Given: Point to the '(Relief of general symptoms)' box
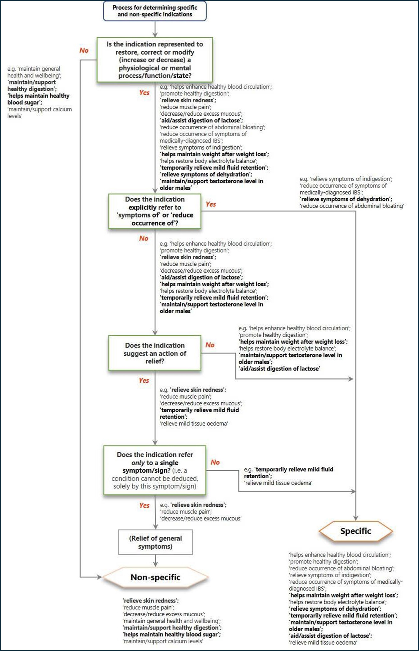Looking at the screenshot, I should click(x=155, y=542).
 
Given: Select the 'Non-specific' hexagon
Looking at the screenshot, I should click(x=155, y=577).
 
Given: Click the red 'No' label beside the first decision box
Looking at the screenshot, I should click(x=84, y=50).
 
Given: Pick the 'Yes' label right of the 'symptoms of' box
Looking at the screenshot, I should click(x=211, y=204).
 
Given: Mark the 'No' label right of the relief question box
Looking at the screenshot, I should click(x=210, y=345).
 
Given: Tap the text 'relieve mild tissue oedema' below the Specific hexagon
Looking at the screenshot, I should click(x=323, y=643).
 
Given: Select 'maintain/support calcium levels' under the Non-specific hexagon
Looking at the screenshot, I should click(x=163, y=641).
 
